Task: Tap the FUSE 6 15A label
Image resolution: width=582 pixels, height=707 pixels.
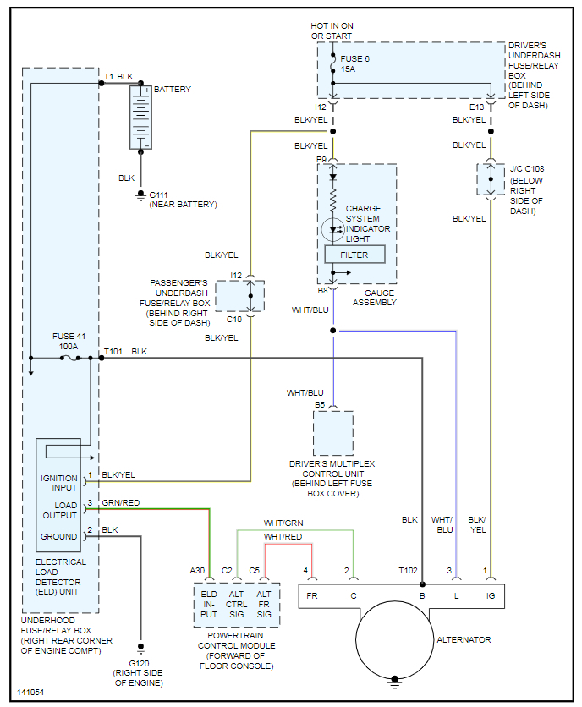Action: [x=353, y=63]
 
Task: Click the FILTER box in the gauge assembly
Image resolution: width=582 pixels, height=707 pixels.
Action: [x=354, y=255]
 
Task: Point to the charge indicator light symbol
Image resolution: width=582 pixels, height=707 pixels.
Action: [x=333, y=228]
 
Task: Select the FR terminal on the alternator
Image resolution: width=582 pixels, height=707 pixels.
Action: [x=313, y=595]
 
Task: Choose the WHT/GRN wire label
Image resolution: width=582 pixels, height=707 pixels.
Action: [x=283, y=523]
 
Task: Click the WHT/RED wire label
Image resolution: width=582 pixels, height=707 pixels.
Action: [x=283, y=537]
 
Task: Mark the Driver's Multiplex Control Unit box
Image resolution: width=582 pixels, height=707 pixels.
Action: [x=333, y=434]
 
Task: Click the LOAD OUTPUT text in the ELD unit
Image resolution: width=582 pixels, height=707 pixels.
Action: [x=59, y=510]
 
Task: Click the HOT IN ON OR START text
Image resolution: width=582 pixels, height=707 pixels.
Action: [x=332, y=30]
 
